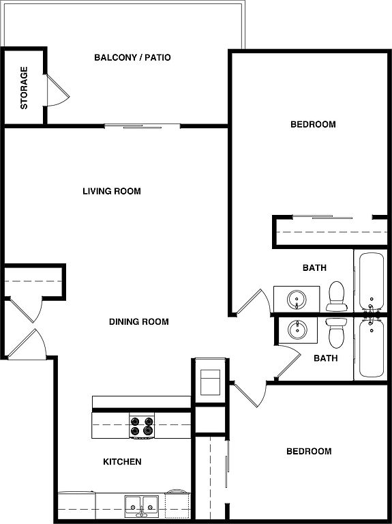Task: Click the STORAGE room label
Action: [24, 88]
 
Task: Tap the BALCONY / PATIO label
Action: [132, 57]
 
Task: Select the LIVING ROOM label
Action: [112, 191]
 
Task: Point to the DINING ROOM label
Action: [139, 321]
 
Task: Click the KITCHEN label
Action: [122, 461]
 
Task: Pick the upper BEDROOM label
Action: [313, 124]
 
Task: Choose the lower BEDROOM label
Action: [310, 451]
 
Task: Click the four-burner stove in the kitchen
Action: [142, 426]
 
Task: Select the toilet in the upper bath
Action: [336, 295]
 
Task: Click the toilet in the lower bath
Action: [336, 333]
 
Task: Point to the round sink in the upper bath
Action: [297, 300]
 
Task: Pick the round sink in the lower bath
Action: [297, 330]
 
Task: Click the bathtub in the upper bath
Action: [372, 282]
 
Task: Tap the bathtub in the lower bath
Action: [372, 347]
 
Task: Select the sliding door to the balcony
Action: [142, 126]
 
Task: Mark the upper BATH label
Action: [314, 267]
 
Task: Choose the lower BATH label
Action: [326, 358]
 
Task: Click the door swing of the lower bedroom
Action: [251, 394]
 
